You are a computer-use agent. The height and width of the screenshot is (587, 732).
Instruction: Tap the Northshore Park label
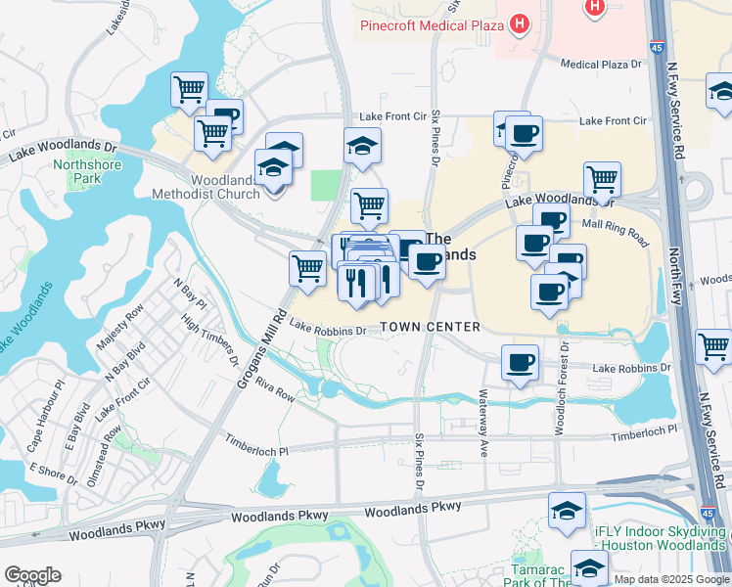[77, 171]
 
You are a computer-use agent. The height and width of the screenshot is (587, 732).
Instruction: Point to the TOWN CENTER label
[431, 327]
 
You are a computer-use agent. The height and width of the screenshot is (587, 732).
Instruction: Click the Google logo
[32, 575]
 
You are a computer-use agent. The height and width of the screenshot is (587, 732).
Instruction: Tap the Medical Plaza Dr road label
[601, 65]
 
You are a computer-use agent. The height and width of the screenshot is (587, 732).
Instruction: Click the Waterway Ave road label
[483, 424]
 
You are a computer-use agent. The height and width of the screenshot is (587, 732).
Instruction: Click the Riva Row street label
[275, 387]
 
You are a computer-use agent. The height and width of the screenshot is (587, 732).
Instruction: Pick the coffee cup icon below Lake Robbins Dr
[520, 363]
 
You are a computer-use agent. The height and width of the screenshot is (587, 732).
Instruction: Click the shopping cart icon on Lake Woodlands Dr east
[602, 180]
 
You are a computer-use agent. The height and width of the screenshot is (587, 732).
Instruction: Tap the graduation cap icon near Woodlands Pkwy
[567, 512]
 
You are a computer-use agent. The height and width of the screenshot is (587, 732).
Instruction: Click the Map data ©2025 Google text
[672, 578]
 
